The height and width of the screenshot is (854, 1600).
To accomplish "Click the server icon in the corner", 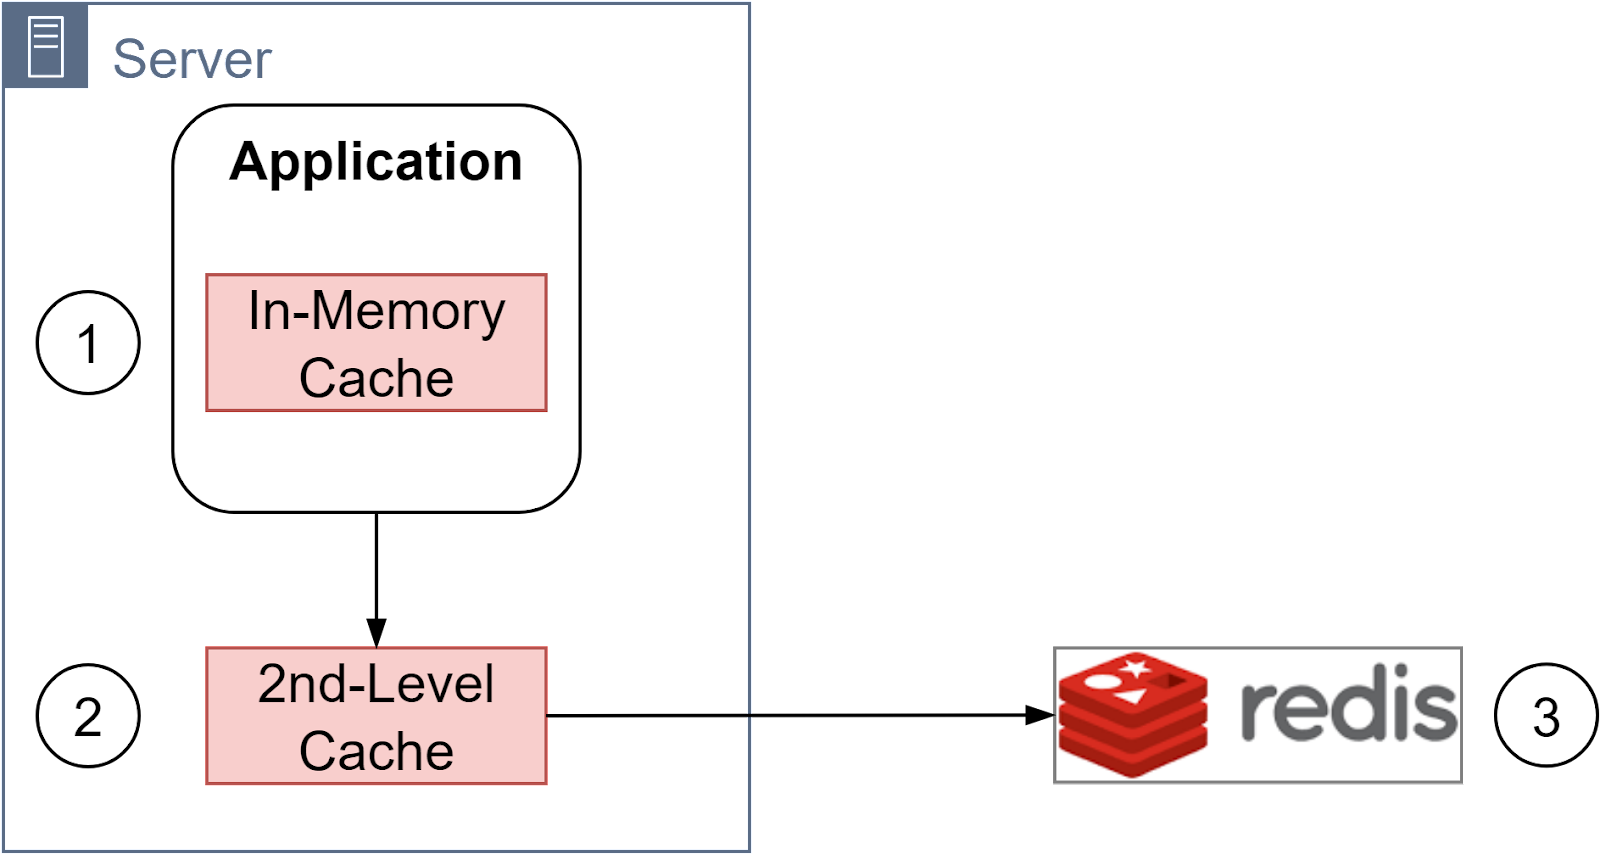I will point(45,47).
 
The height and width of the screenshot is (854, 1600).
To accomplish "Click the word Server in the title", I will point(192,59).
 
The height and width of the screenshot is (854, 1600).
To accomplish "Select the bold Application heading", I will point(376,162).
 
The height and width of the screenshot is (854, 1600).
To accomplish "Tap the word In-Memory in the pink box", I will point(376,311).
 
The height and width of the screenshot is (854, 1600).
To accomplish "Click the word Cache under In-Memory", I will point(376,379).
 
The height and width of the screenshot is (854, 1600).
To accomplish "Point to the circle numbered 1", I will point(88,343).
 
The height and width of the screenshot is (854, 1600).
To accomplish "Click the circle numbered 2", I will point(88,716).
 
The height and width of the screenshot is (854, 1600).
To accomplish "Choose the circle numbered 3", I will point(1545,716).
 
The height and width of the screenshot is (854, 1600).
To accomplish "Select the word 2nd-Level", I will point(376,685).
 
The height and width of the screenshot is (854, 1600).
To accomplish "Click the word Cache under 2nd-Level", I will point(376,752).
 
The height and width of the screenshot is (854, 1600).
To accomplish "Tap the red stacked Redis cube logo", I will point(1133,715).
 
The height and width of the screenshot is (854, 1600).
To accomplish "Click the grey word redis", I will point(1348,708).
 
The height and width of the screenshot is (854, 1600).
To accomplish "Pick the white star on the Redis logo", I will point(1135,666).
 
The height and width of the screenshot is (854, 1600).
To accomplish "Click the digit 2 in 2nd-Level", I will point(274,685).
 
